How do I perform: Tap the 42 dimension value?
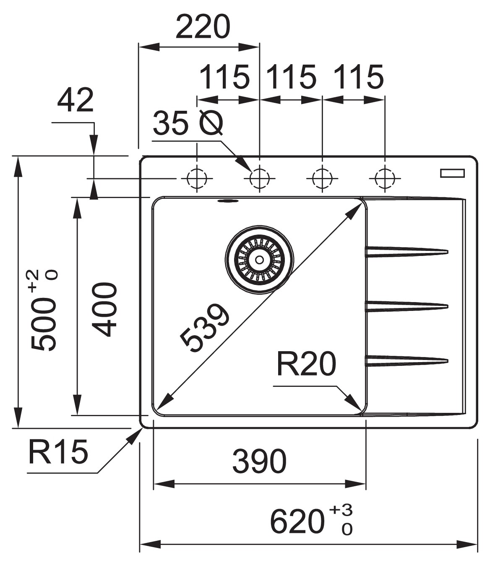click(76, 101)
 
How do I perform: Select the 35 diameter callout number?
click(170, 124)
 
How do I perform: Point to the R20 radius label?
click(306, 364)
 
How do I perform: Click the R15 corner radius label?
click(58, 452)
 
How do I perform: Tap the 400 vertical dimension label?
click(104, 310)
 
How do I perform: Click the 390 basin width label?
click(259, 461)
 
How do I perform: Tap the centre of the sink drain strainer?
click(259, 260)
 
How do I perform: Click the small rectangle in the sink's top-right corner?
click(452, 173)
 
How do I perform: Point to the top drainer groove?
click(407, 251)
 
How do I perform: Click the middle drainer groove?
click(407, 306)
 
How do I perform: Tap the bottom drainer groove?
click(407, 361)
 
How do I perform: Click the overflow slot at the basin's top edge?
click(227, 201)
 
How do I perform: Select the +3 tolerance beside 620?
click(341, 511)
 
